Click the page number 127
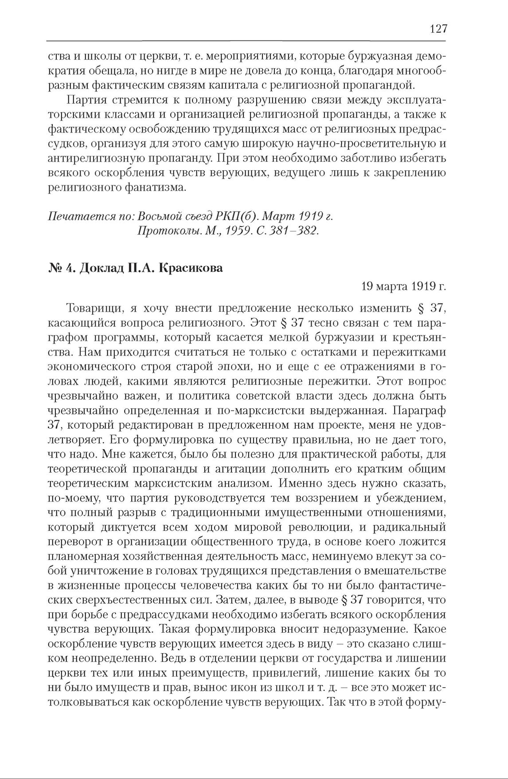438,29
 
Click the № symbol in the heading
55,269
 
